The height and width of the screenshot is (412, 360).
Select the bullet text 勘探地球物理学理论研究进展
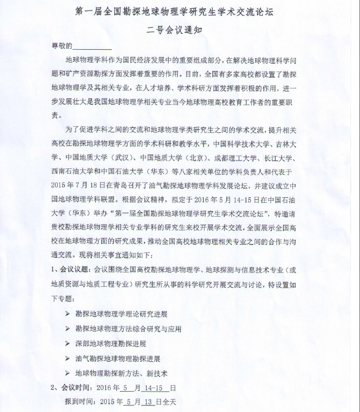pos(121,314)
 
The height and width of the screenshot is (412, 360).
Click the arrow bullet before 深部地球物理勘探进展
pos(68,343)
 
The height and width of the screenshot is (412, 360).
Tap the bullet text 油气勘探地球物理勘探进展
pos(118,358)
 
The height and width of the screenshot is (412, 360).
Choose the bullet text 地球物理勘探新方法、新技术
pos(121,373)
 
